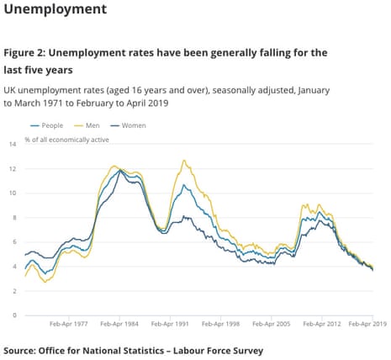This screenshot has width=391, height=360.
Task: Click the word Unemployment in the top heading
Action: pos(55,9)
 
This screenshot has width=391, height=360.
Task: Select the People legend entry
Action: pos(46,125)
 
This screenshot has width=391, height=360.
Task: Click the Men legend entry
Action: pos(87,125)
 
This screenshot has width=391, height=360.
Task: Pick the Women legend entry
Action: pos(128,125)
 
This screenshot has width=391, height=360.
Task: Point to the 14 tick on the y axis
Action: pos(13,144)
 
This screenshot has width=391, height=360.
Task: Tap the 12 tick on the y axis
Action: pos(13,169)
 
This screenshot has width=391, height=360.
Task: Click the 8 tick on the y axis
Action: pos(14,218)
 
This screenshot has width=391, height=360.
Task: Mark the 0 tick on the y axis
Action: pos(14,315)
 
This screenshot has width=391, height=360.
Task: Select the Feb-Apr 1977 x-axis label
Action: pos(69,324)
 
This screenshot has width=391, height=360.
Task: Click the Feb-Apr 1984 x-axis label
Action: pos(119,324)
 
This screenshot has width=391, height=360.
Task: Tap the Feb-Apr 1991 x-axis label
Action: pos(170,324)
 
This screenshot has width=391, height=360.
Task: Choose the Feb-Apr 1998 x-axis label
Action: pos(220,324)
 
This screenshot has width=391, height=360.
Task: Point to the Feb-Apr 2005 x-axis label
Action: pos(272,324)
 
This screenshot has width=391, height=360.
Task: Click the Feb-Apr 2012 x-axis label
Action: pos(322,324)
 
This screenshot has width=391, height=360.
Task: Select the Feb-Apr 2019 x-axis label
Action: pos(367,324)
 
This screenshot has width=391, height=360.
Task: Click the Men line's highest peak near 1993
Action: pos(184,161)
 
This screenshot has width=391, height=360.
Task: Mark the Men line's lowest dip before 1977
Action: pos(45,282)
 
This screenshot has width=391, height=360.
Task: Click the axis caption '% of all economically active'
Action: pos(66,140)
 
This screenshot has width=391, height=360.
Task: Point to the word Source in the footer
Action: pos(19,351)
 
